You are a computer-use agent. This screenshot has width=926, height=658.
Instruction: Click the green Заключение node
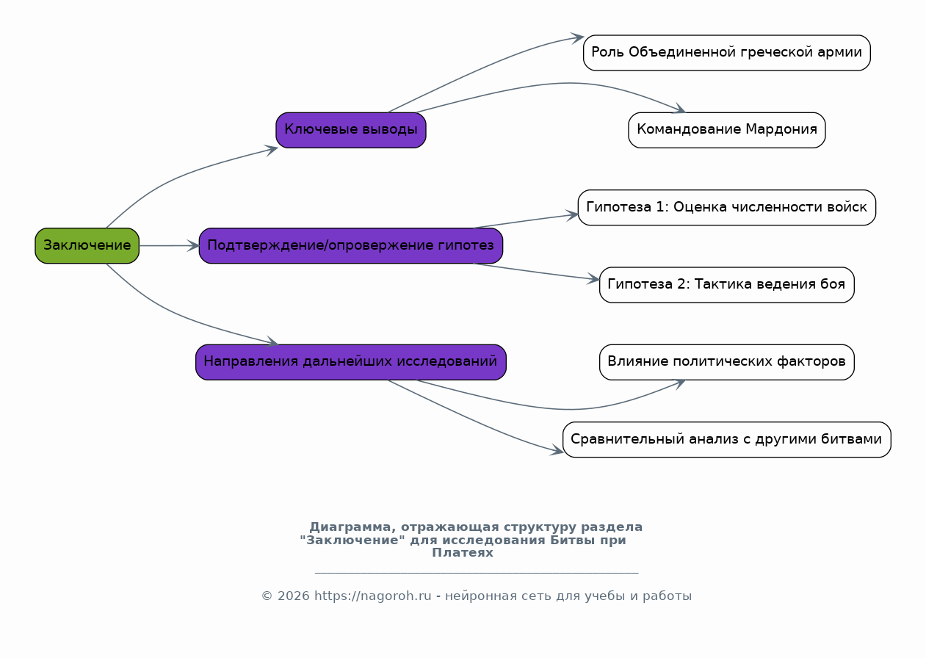point(87,245)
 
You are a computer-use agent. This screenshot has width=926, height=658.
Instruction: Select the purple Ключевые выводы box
point(350,130)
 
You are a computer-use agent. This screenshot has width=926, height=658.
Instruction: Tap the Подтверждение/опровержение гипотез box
point(350,245)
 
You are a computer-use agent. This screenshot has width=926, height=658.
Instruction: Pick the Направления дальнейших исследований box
point(350,362)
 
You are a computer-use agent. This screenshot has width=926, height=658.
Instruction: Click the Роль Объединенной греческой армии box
point(727,52)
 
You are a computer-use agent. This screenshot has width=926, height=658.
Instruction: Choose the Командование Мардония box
point(727,130)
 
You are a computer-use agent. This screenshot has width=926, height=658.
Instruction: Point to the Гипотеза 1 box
point(727,208)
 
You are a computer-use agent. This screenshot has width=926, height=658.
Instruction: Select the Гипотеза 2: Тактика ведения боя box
point(727,285)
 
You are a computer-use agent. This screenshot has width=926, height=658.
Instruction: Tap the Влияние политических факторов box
point(727,362)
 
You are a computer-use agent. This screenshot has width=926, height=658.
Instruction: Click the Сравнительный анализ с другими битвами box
point(727,439)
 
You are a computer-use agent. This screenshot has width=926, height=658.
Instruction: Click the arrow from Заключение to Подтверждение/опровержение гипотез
point(169,245)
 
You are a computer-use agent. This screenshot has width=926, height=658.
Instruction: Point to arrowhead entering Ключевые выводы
point(272,150)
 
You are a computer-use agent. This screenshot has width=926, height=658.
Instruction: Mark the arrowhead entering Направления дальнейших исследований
point(273,341)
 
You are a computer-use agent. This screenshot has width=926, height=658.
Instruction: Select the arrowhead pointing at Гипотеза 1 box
point(572,215)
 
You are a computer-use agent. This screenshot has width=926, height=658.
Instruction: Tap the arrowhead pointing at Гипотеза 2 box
point(593,279)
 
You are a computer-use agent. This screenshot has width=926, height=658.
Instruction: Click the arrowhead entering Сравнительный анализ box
point(557,451)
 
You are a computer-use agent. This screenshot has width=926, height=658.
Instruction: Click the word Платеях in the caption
point(463,552)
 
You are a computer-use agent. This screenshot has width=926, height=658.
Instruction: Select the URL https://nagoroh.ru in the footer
point(372,596)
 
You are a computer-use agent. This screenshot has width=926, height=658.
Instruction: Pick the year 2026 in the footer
point(293,596)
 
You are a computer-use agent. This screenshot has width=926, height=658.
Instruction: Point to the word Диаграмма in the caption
point(352,527)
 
